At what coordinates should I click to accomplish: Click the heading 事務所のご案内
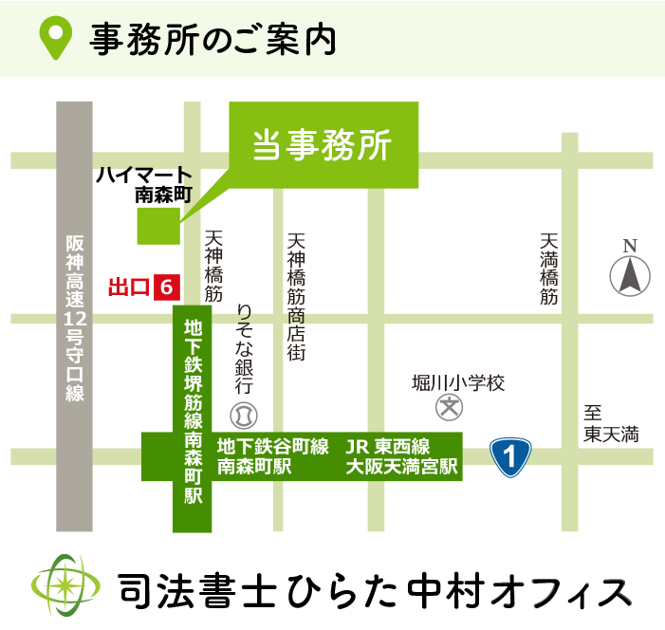213,38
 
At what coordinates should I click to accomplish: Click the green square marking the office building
158,226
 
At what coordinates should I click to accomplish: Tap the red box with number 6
167,286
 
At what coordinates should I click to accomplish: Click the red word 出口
129,286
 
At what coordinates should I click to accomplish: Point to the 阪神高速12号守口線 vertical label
76,318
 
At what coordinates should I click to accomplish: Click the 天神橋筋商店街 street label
296,295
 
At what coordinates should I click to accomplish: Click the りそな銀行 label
244,349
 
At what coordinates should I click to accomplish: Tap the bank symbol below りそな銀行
244,416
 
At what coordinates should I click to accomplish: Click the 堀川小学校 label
458,383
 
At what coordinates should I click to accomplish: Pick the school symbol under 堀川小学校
448,409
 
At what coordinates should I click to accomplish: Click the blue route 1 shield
510,456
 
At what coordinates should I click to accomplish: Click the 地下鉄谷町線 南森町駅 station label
272,456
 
